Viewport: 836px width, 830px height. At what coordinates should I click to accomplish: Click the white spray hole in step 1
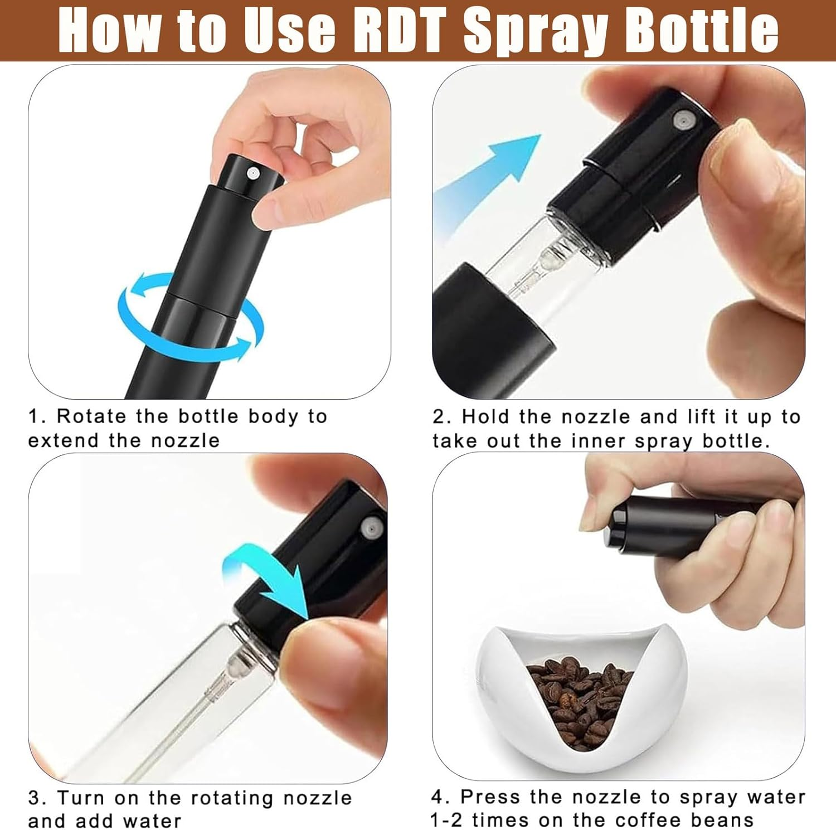(x=252, y=173)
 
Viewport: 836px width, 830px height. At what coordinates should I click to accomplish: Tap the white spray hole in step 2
(x=680, y=120)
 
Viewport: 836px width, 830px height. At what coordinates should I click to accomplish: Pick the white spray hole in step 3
(x=370, y=527)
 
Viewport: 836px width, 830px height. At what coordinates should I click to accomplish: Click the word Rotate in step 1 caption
(x=93, y=416)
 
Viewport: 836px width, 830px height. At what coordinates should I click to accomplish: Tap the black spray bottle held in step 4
(x=669, y=524)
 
